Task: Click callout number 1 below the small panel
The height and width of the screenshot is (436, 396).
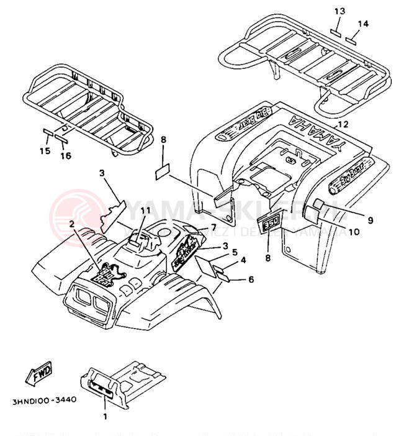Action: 105,416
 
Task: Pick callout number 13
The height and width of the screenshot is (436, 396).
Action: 338,12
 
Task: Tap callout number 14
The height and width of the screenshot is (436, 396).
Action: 362,24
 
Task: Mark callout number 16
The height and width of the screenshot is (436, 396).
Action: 65,156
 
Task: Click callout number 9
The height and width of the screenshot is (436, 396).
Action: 371,219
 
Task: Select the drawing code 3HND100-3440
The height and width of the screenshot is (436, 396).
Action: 43,400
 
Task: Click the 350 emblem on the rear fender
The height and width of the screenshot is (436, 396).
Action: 270,225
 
